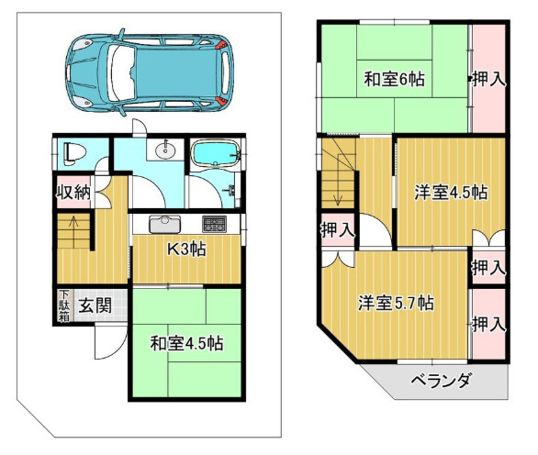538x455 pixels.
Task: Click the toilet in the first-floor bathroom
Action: [73, 154]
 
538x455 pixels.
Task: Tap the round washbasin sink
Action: [165, 150]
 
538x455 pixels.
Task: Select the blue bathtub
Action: [215, 153]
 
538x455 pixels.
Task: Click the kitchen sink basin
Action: [164, 225]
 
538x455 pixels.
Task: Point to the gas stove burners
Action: [214, 224]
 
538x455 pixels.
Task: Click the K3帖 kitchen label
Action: [186, 250]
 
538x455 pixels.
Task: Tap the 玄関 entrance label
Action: [95, 305]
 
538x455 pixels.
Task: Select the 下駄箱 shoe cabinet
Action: [63, 305]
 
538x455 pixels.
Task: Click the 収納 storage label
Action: [73, 192]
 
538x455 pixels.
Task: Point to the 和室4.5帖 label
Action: [186, 343]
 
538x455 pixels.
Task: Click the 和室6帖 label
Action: [394, 79]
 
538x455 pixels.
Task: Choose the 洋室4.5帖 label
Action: [451, 192]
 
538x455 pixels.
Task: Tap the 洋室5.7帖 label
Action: [396, 303]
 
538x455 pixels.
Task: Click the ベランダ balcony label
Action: [440, 381]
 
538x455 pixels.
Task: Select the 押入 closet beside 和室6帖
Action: [488, 79]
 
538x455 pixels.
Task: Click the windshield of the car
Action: [121, 73]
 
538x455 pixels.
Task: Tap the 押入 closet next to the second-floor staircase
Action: [338, 229]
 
